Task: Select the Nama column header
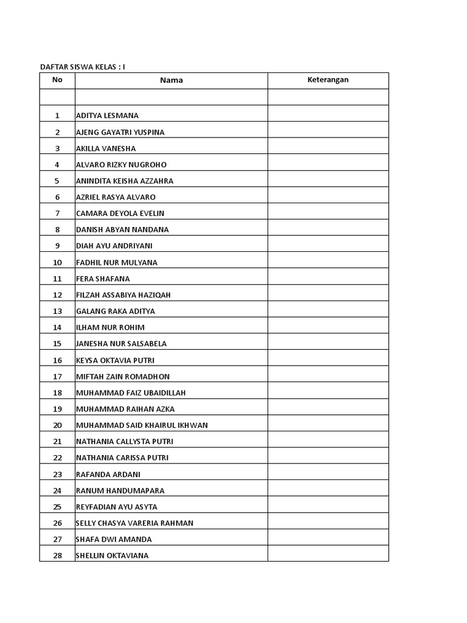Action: pos(171,80)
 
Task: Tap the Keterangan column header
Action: pos(328,80)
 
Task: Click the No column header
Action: pos(57,80)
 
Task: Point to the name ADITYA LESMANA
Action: pos(107,116)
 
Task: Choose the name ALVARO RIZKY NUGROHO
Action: pos(121,164)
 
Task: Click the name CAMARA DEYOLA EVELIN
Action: pos(120,214)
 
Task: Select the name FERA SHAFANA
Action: pos(103,279)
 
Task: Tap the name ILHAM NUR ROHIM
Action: pos(110,327)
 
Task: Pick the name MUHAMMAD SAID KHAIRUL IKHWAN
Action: pos(142,425)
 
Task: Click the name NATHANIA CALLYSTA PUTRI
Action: pos(125,442)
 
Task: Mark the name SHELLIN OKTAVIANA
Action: pos(112,555)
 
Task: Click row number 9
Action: pos(57,246)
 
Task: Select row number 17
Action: pos(57,377)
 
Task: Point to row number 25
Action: pos(57,507)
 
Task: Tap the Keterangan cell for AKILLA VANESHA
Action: pos(328,148)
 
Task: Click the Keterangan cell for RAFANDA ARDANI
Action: pos(328,474)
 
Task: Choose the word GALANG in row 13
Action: pos(89,311)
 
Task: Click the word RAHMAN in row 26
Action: pos(179,523)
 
